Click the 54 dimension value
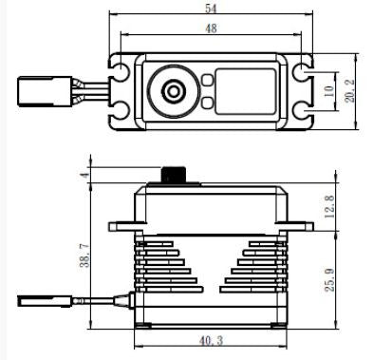[x=211, y=9]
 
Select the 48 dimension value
[x=211, y=28]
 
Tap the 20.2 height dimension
[x=349, y=91]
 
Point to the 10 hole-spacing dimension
[x=329, y=91]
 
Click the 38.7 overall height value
[x=84, y=256]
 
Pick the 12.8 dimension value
[x=329, y=206]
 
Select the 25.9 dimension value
[x=329, y=280]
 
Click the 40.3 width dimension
[x=211, y=341]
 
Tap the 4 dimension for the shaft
[x=84, y=175]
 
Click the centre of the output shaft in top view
[x=173, y=91]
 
